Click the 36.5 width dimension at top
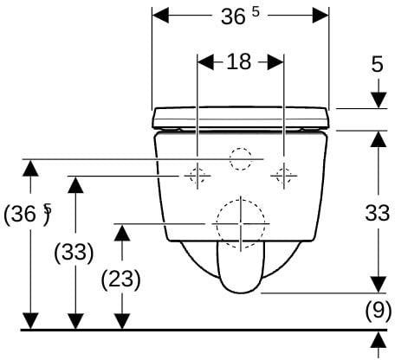pyautogui.click(x=240, y=16)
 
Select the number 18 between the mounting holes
pyautogui.click(x=239, y=61)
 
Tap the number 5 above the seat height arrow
pyautogui.click(x=377, y=64)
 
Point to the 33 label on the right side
pyautogui.click(x=378, y=213)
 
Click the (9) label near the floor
pyautogui.click(x=379, y=311)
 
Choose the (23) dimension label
pyautogui.click(x=121, y=280)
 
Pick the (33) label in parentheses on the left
pyautogui.click(x=74, y=253)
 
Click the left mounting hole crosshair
pyautogui.click(x=197, y=176)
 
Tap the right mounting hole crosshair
pyautogui.click(x=284, y=176)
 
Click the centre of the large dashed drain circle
pyautogui.click(x=241, y=223)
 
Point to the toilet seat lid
pyautogui.click(x=241, y=118)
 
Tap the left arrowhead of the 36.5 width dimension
pyautogui.click(x=160, y=15)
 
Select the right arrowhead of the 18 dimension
pyautogui.click(x=275, y=61)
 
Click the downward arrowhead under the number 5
pyautogui.click(x=379, y=100)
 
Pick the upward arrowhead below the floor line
pyautogui.click(x=379, y=340)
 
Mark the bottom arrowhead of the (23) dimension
pyautogui.click(x=122, y=321)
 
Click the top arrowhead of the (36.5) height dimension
pyautogui.click(x=30, y=168)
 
